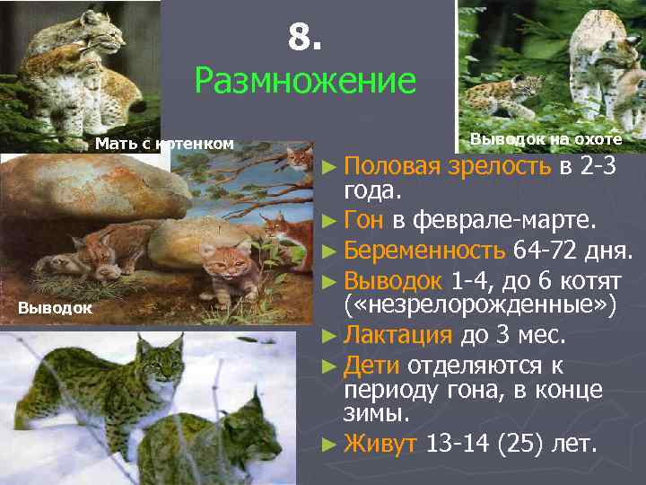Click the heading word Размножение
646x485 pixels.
[305, 82]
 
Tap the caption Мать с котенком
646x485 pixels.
[164, 143]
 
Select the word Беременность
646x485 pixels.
[425, 248]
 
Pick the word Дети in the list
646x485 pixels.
[371, 365]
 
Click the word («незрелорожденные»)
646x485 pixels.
[481, 305]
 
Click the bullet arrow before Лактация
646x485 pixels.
[328, 336]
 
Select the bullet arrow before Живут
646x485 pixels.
[328, 445]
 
